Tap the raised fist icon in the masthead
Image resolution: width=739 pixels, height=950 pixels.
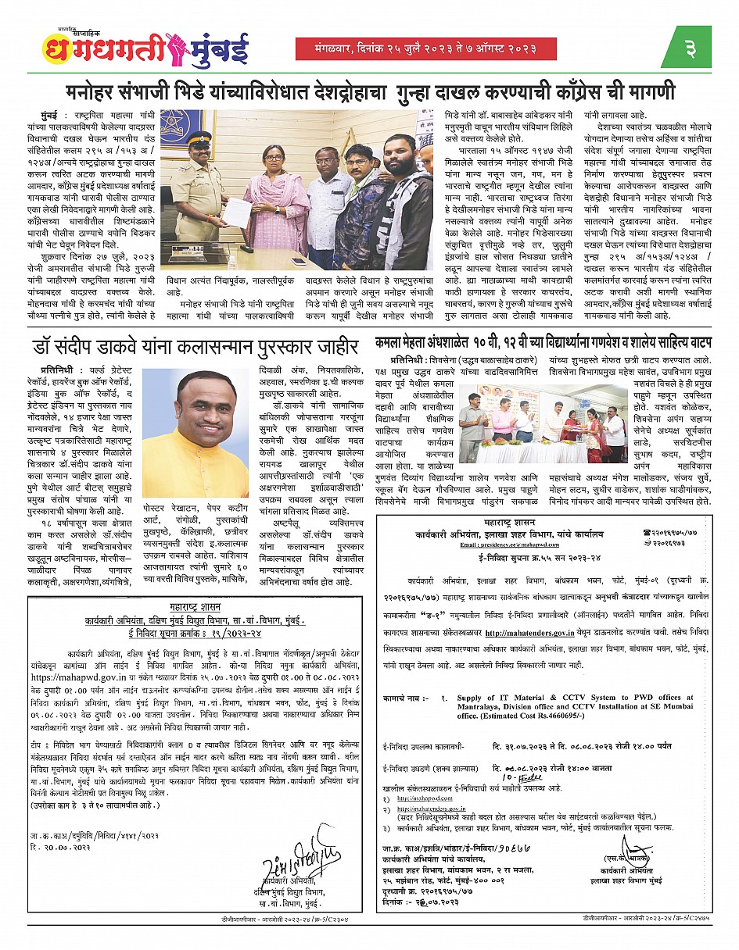point(169,48)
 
